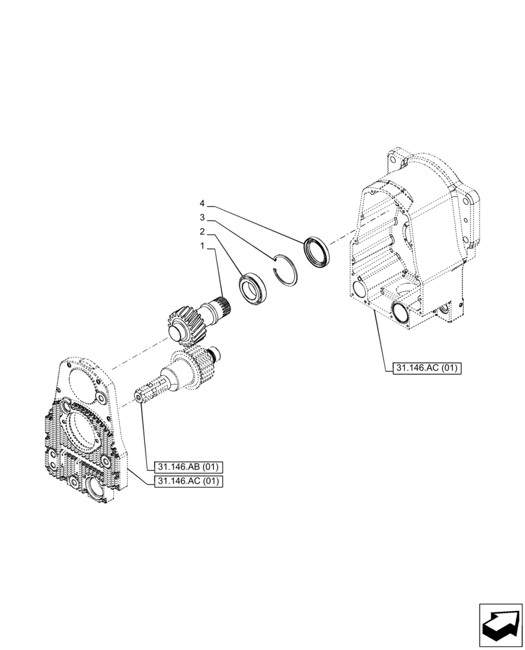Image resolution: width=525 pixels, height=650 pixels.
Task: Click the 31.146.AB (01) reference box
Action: tap(188, 467)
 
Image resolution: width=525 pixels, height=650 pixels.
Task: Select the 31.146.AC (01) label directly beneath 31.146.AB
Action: tap(188, 481)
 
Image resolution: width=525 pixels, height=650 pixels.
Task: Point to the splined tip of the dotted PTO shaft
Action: tap(144, 395)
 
